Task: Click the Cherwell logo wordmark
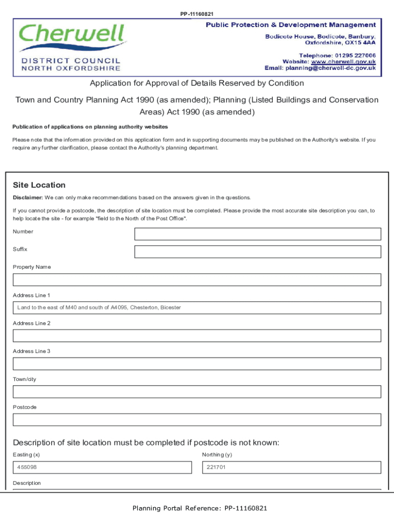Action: coord(72,35)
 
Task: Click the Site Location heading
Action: coord(39,185)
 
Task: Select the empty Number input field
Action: coord(257,234)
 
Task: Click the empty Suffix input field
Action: coord(257,252)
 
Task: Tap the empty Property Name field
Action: coord(197,280)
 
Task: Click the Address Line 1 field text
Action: coord(99,307)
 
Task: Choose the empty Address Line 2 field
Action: coord(197,336)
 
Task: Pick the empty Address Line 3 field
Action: coord(197,364)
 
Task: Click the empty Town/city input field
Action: coord(197,392)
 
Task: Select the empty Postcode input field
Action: coord(197,420)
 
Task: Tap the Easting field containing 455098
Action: coord(102,467)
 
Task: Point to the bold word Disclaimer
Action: coord(28,198)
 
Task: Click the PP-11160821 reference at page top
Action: coord(197,14)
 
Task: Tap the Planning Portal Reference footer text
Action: coord(200,508)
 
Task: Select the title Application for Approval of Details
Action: coord(197,83)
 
